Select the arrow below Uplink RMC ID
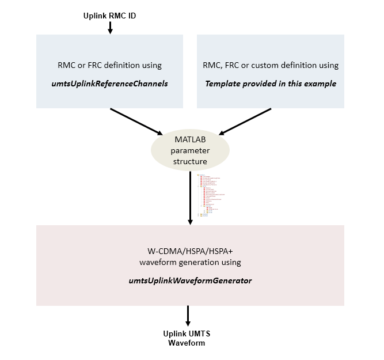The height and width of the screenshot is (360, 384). coord(109,28)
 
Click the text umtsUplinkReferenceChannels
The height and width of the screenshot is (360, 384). coord(109,84)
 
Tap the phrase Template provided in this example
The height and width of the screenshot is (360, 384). coord(271,84)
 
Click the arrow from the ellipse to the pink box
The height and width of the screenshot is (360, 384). coord(190,196)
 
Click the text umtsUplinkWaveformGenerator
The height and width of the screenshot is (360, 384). coord(190,281)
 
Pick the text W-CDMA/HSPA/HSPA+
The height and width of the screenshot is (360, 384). coord(190,252)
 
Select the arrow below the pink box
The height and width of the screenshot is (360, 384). coord(188,316)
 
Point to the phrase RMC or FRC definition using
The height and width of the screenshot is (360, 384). coord(109,65)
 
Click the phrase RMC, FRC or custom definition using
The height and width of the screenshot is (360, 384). coord(271,65)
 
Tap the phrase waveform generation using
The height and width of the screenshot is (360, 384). coord(190,263)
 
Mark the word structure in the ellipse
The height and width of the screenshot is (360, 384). coord(190,162)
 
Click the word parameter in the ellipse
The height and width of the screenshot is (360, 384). coord(190,151)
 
